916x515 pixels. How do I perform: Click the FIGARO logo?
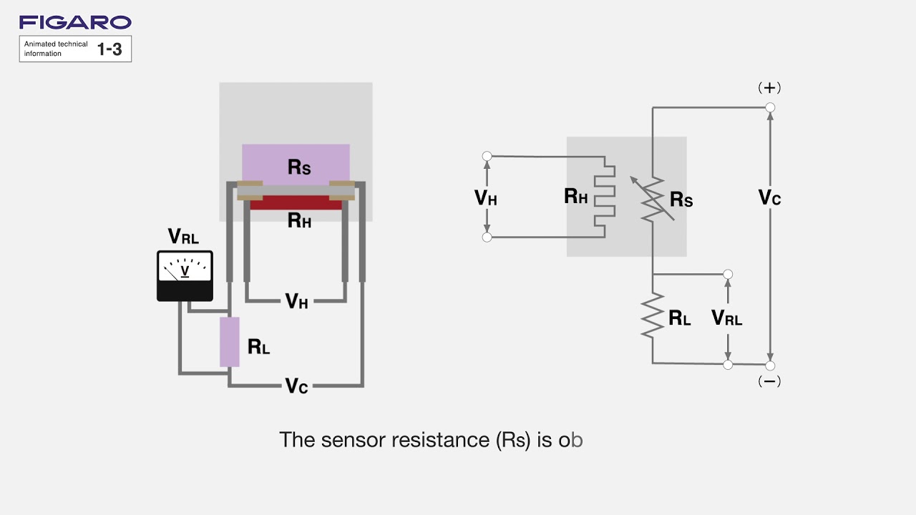click(75, 23)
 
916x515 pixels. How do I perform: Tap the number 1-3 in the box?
click(109, 49)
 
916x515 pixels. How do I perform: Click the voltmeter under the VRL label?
click(185, 275)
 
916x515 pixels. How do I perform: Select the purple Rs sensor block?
click(296, 163)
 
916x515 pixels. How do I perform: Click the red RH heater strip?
click(296, 204)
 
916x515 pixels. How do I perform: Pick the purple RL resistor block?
click(230, 342)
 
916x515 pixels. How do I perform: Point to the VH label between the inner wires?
click(296, 301)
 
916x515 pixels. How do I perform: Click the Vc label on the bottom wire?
click(296, 386)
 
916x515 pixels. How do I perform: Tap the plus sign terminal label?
click(770, 88)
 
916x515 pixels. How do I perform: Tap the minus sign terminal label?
click(770, 381)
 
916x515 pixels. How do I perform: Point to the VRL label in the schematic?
click(727, 318)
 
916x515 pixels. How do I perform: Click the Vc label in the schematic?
click(770, 198)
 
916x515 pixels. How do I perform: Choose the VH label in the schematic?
click(486, 198)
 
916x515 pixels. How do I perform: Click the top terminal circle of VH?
click(487, 156)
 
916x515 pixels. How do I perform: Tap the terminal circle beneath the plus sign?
click(770, 108)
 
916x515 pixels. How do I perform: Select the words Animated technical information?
click(56, 49)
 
